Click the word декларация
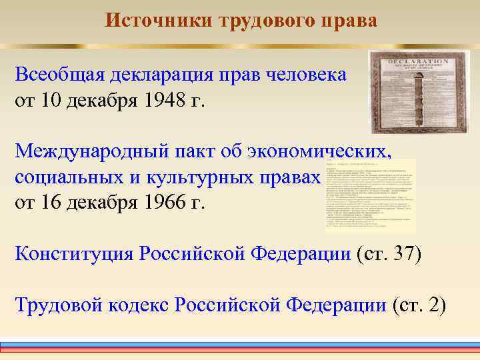pos(162,75)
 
